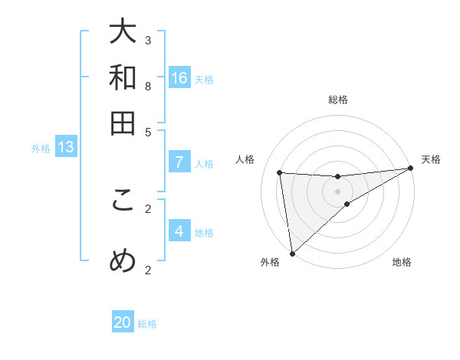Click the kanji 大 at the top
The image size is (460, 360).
coord(123,33)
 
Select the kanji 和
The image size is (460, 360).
coord(123,77)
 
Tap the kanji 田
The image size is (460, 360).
coord(123,123)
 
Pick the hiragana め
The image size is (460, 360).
coord(123,261)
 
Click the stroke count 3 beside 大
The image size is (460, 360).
coord(147,40)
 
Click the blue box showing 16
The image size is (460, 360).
coord(179,78)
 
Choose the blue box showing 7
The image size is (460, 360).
coord(179,162)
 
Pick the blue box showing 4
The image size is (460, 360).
coord(179,231)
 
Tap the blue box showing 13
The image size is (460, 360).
coord(66,148)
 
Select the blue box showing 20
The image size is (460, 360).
coord(123,322)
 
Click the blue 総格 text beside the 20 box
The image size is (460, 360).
coord(147,324)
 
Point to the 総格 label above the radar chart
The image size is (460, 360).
coord(337,100)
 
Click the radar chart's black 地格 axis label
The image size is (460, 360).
coord(402,263)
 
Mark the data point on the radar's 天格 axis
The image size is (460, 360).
coord(410,169)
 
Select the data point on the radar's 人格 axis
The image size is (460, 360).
coord(280,172)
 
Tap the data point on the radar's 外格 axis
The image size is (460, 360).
coord(292,254)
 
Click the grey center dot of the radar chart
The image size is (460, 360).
coord(337,191)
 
